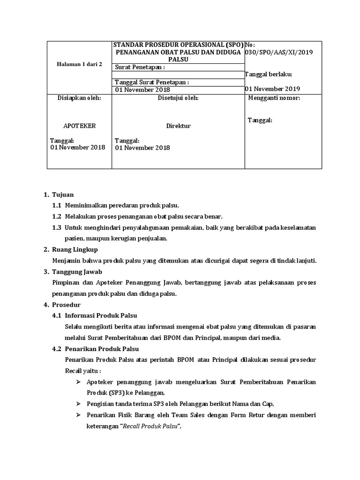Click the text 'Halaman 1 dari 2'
pyautogui.click(x=80, y=64)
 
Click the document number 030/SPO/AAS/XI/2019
pyautogui.click(x=278, y=52)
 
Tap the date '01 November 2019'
pyautogui.click(x=272, y=89)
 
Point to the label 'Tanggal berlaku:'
pyautogui.click(x=269, y=74)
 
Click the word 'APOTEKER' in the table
pyautogui.click(x=80, y=126)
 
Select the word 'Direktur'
pyautogui.click(x=178, y=126)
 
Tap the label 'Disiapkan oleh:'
pyautogui.click(x=79, y=98)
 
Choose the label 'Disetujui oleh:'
pyautogui.click(x=178, y=98)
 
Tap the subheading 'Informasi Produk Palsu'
pyautogui.click(x=101, y=315)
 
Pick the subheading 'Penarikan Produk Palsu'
pyautogui.click(x=102, y=349)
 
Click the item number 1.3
pyautogui.click(x=57, y=227)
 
